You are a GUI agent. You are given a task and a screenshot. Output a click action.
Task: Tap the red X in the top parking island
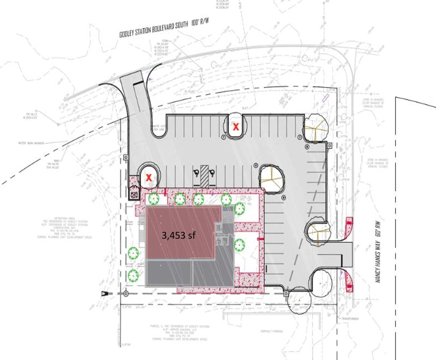236,127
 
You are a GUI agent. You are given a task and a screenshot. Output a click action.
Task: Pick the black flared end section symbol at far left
106,293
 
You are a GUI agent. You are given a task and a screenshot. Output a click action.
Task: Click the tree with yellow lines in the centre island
271,178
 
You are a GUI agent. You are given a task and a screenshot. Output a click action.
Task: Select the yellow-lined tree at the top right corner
316,128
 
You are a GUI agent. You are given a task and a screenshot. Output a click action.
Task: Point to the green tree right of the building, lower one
239,244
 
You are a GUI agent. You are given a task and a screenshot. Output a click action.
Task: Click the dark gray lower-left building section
169,273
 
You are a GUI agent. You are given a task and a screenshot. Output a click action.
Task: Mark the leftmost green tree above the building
154,199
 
